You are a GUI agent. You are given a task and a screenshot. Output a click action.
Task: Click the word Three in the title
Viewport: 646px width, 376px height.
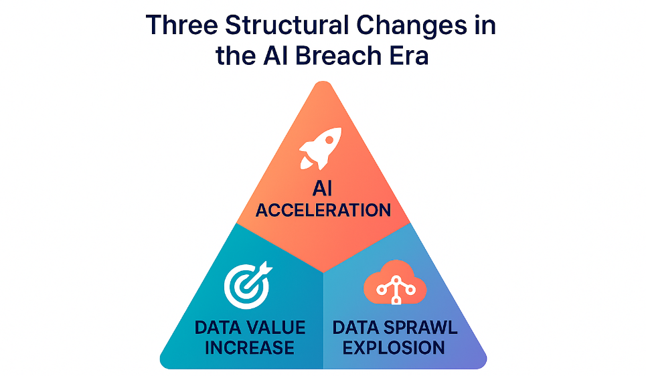click(181, 25)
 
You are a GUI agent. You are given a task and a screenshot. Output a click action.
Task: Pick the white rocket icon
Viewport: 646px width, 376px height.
click(320, 149)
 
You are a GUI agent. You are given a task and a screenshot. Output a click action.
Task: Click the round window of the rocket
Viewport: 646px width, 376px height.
click(329, 140)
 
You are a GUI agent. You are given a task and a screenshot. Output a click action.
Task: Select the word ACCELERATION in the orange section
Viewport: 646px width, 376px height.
click(323, 210)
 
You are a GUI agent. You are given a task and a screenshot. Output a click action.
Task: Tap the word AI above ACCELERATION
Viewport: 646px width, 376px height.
click(322, 189)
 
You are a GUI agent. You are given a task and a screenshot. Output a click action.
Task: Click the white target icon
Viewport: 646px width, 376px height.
click(248, 285)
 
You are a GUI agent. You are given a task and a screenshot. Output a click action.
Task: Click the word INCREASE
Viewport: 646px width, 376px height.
click(250, 348)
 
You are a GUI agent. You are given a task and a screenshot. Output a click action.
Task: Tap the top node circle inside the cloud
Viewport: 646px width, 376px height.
click(396, 280)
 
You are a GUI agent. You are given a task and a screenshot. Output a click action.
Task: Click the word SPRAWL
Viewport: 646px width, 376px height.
click(420, 328)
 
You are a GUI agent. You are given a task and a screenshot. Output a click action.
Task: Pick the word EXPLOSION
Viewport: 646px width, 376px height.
click(394, 348)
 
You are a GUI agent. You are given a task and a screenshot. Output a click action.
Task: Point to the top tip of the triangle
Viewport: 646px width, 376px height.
click(323, 82)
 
